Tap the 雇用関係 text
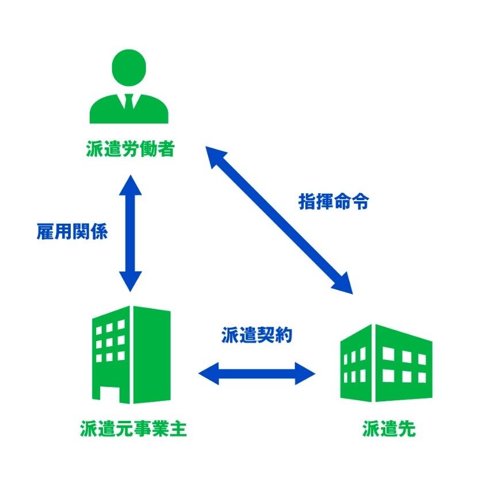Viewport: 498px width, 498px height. (71, 232)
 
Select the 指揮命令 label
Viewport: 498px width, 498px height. (334, 202)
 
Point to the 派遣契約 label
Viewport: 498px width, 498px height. (257, 335)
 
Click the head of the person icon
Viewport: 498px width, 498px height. (129, 68)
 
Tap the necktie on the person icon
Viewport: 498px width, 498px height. (129, 104)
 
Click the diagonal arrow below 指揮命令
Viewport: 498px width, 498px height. (280, 219)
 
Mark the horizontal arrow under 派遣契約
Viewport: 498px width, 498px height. (257, 373)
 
